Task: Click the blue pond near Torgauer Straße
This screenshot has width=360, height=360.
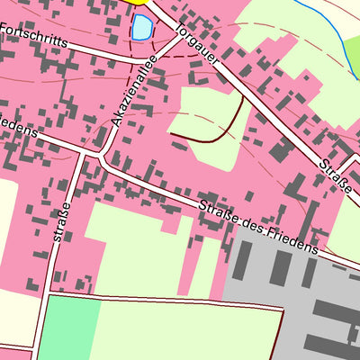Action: pyautogui.click(x=142, y=28)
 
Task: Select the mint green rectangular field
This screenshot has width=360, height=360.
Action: pyautogui.click(x=67, y=328)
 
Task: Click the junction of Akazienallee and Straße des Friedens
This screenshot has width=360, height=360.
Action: pyautogui.click(x=99, y=160)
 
